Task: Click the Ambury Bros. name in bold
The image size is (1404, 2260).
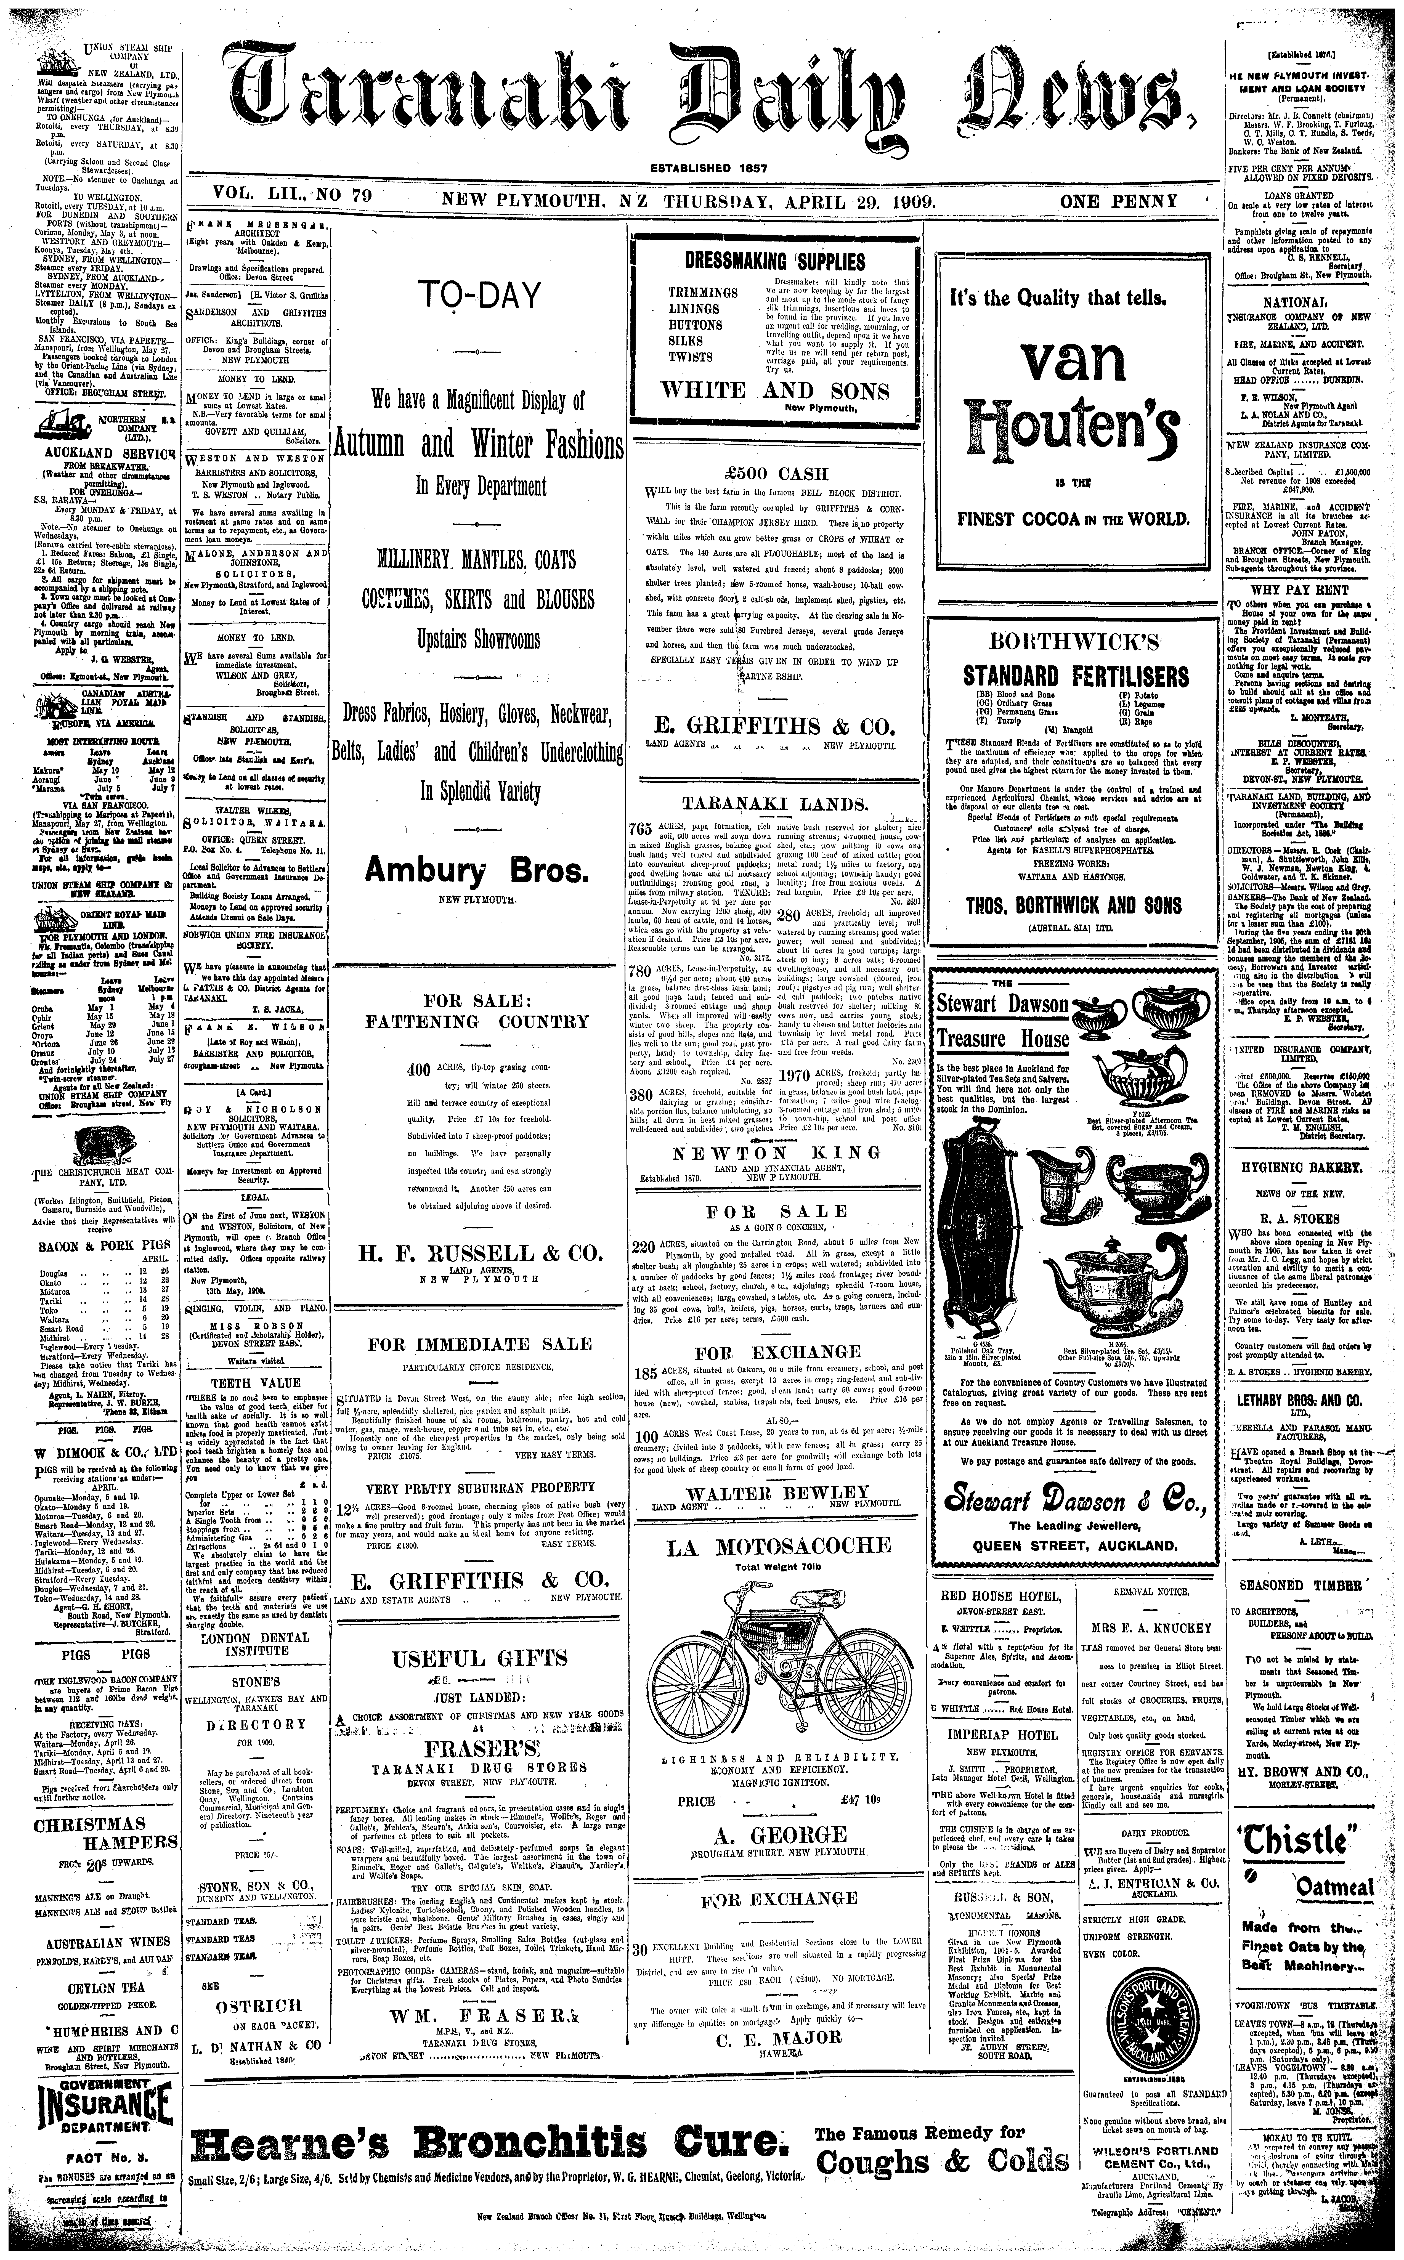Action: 477,870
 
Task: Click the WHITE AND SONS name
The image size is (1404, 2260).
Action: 774,390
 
